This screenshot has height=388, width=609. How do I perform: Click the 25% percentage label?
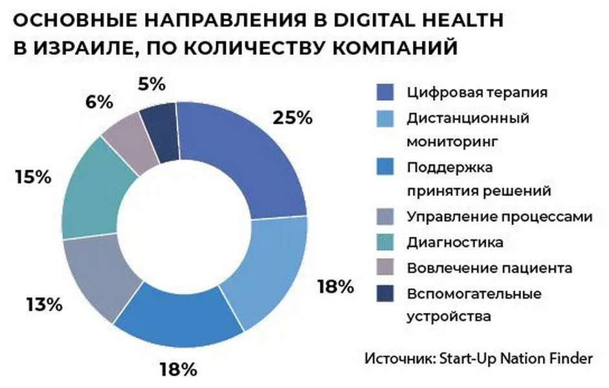click(x=292, y=118)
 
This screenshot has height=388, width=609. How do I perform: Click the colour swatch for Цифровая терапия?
click(x=386, y=92)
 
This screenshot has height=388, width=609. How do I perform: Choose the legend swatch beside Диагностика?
click(x=386, y=242)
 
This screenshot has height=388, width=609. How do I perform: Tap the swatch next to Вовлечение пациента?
click(x=386, y=268)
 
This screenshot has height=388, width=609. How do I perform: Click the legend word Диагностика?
click(x=455, y=242)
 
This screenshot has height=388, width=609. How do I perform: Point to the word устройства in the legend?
click(x=449, y=316)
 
